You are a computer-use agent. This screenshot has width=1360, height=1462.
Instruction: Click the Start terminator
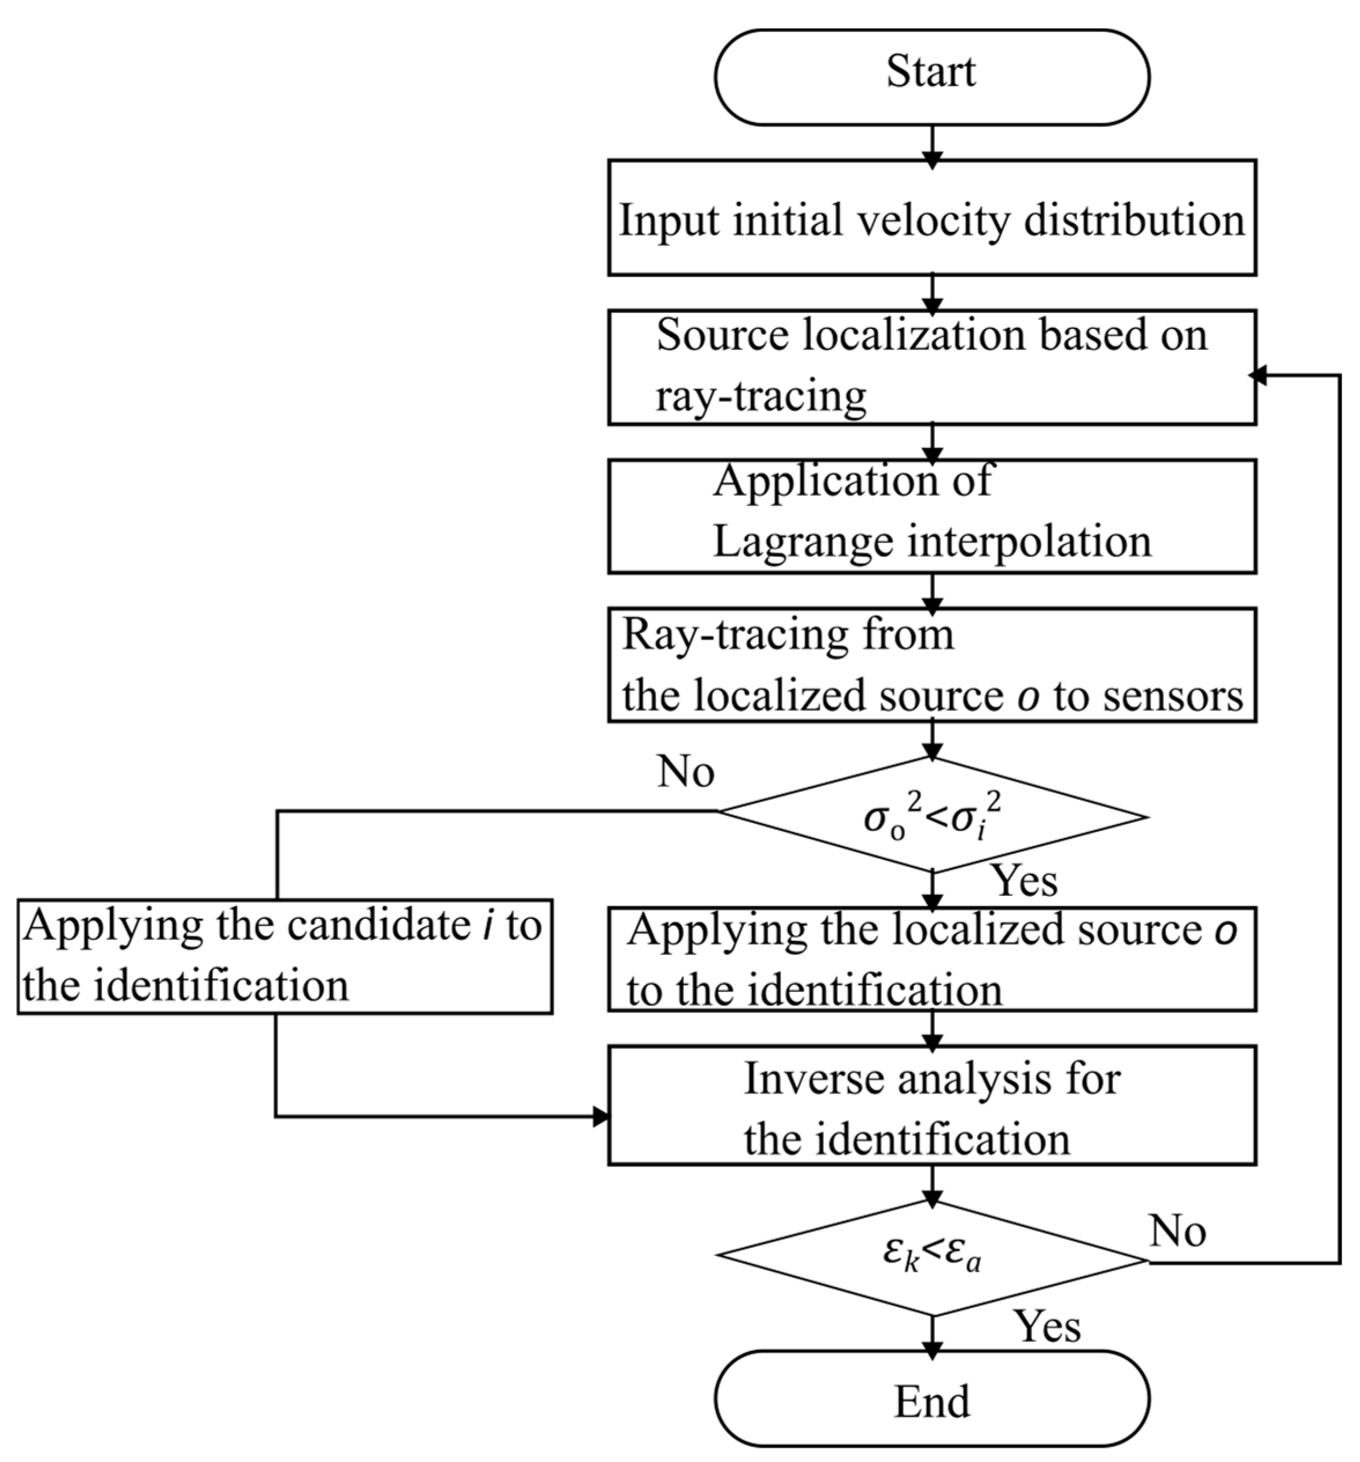[931, 76]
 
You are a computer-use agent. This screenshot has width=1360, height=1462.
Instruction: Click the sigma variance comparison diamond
[931, 817]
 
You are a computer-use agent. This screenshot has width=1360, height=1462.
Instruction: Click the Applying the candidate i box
[284, 955]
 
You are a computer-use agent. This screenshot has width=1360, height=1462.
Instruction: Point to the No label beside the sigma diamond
[685, 772]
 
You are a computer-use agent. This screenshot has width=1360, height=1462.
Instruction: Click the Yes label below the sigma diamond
[1024, 880]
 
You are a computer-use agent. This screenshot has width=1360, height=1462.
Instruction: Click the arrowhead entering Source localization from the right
[1259, 376]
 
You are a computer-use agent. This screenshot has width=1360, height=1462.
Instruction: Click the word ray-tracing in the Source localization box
[760, 396]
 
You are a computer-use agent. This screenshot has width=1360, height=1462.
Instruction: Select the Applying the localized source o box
[931, 959]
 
